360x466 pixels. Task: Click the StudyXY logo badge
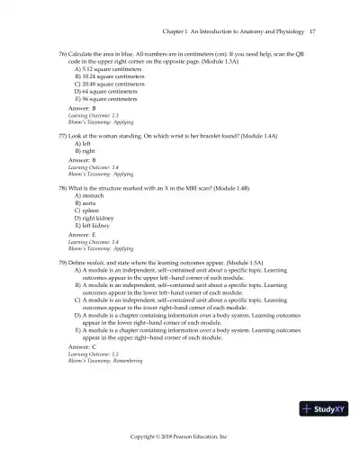(x=326, y=408)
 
